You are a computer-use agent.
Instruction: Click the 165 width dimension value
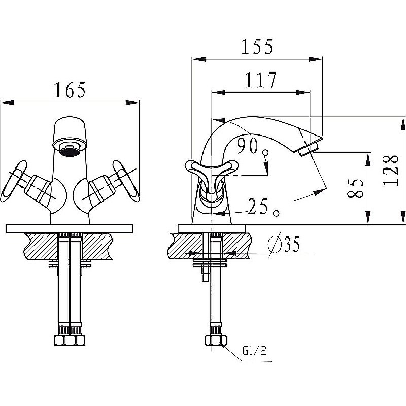pyautogui.click(x=70, y=90)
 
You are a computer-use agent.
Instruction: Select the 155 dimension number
pyautogui.click(x=257, y=47)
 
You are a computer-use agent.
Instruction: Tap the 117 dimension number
pyautogui.click(x=260, y=80)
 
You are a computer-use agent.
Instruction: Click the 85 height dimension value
pyautogui.click(x=357, y=188)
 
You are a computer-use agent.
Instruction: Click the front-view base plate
pyautogui.click(x=70, y=228)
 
